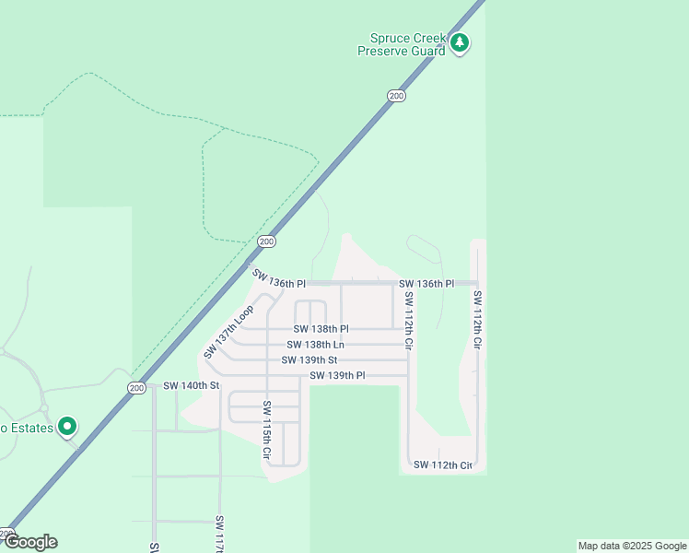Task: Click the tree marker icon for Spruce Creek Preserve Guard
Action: point(460,42)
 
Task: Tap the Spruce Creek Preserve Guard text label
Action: point(403,44)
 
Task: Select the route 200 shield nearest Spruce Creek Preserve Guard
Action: point(396,95)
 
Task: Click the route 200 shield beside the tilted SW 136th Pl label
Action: point(266,241)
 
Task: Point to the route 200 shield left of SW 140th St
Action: point(136,387)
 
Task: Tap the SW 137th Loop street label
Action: point(228,332)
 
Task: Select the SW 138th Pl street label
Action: point(321,329)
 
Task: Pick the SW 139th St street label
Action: point(309,360)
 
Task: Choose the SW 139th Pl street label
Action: point(337,376)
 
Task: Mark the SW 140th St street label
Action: point(192,385)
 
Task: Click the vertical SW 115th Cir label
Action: point(267,429)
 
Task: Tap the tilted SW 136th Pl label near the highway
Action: point(277,276)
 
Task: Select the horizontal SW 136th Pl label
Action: point(426,283)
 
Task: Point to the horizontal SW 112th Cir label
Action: point(442,465)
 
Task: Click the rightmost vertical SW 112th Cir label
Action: point(477,319)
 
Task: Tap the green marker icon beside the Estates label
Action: point(67,427)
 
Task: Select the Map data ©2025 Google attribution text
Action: point(633,546)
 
